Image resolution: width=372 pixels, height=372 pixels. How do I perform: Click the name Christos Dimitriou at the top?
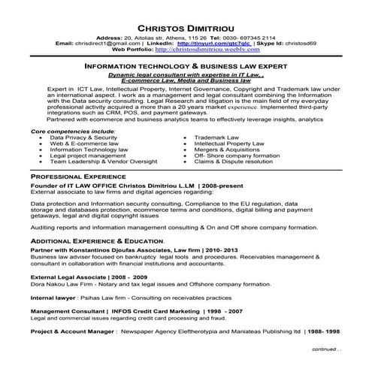186,24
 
